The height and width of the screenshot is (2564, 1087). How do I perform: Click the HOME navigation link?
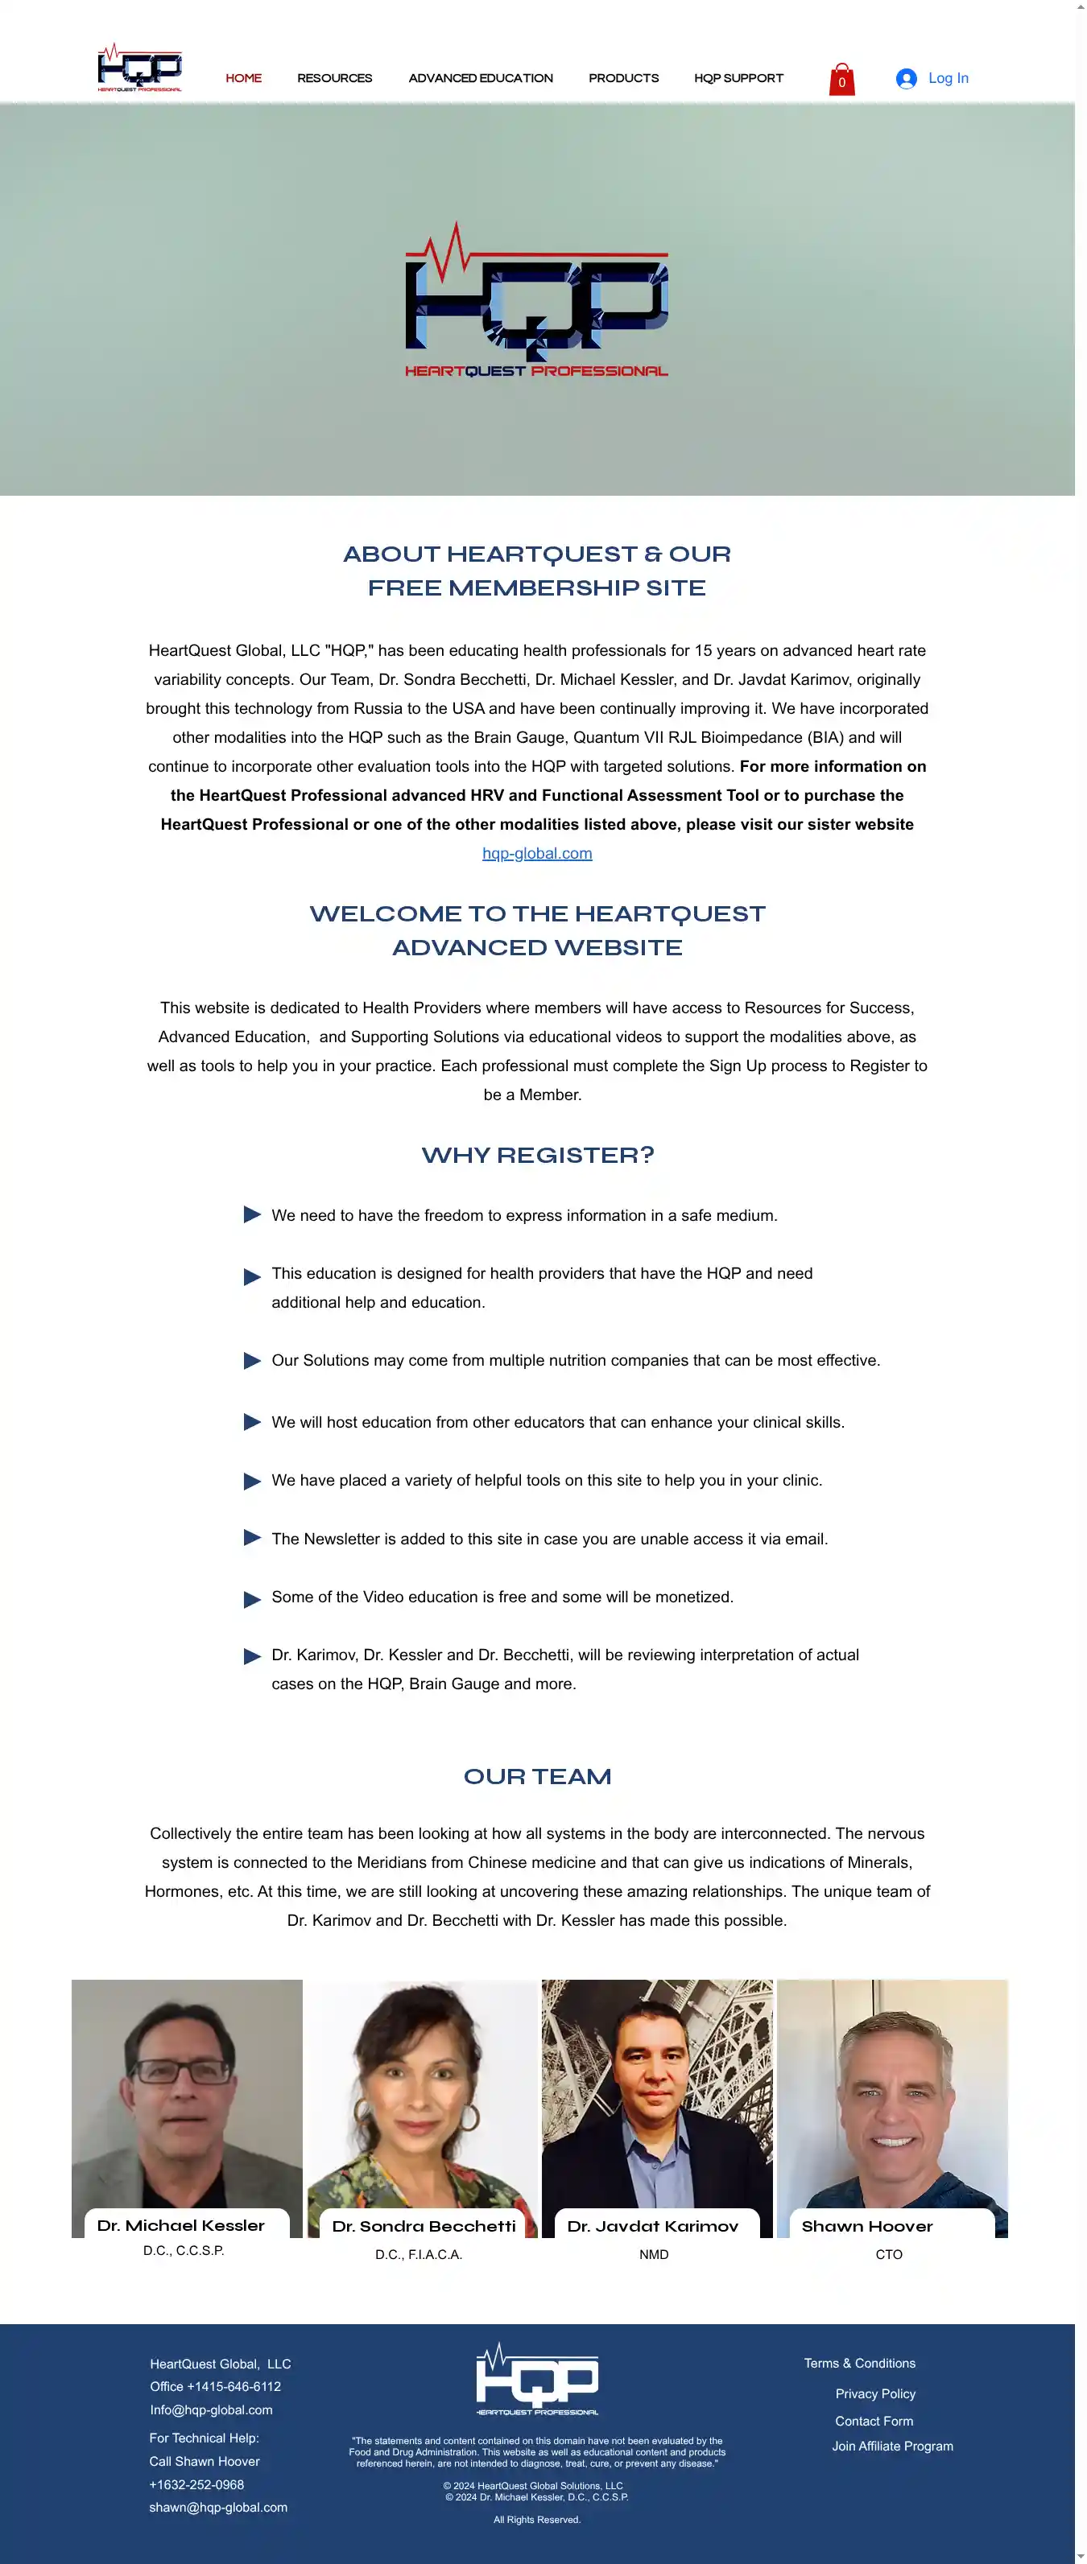243,79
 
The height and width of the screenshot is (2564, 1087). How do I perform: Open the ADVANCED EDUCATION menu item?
480,79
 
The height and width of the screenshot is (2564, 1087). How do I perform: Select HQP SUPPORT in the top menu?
738,79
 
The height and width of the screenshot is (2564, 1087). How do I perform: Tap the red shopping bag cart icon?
841,80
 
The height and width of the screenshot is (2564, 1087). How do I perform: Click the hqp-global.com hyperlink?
536,853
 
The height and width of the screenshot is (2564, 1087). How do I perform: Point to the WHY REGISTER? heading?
538,1155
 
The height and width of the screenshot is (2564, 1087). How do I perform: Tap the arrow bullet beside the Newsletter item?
252,1538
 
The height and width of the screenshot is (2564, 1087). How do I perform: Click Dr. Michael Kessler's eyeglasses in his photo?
182,2071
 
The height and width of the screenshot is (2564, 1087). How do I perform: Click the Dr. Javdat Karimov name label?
653,2225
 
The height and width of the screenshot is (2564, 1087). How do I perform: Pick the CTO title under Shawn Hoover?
889,2254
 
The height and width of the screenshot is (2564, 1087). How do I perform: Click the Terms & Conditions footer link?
859,2363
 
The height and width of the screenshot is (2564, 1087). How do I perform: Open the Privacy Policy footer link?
875,2394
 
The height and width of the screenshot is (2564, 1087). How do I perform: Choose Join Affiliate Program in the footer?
892,2446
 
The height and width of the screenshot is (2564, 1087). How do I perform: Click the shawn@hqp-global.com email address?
218,2508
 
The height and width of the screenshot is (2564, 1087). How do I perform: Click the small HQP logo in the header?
139,68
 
